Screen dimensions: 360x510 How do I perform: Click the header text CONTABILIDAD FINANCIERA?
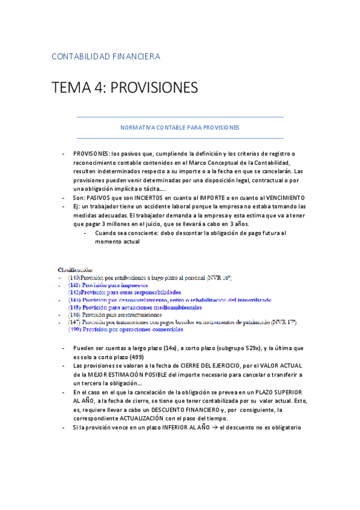coord(106,57)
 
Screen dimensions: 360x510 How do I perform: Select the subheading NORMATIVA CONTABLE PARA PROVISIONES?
coord(180,127)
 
